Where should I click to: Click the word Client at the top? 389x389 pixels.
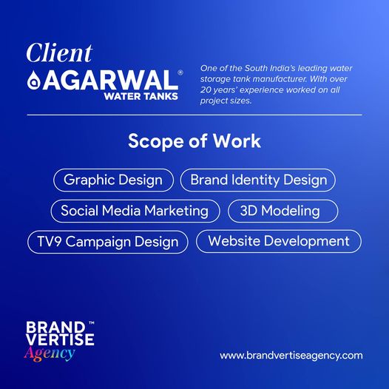tap(60, 53)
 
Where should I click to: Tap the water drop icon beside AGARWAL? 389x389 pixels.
tap(34, 80)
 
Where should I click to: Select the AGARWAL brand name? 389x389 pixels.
tap(110, 80)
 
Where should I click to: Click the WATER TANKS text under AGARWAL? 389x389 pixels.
tap(141, 96)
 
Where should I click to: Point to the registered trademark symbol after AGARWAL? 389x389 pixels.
tap(180, 72)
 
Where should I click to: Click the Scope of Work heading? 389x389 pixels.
tap(194, 141)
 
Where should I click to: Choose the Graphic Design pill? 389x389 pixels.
tap(113, 180)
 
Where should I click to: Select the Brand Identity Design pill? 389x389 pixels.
tap(258, 180)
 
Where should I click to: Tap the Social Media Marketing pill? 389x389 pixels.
tap(135, 211)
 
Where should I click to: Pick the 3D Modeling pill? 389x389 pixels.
tap(283, 211)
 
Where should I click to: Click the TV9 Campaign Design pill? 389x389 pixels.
tap(108, 242)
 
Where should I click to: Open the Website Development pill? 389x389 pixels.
tap(279, 241)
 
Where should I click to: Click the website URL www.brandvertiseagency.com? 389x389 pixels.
tap(291, 355)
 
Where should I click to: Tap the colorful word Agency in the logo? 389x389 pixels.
tap(50, 354)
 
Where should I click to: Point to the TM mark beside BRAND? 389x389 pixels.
tap(91, 323)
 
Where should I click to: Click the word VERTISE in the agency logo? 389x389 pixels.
tap(60, 339)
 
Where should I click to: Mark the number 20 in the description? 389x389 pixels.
tap(206, 89)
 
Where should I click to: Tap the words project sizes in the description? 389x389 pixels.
tap(226, 101)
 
